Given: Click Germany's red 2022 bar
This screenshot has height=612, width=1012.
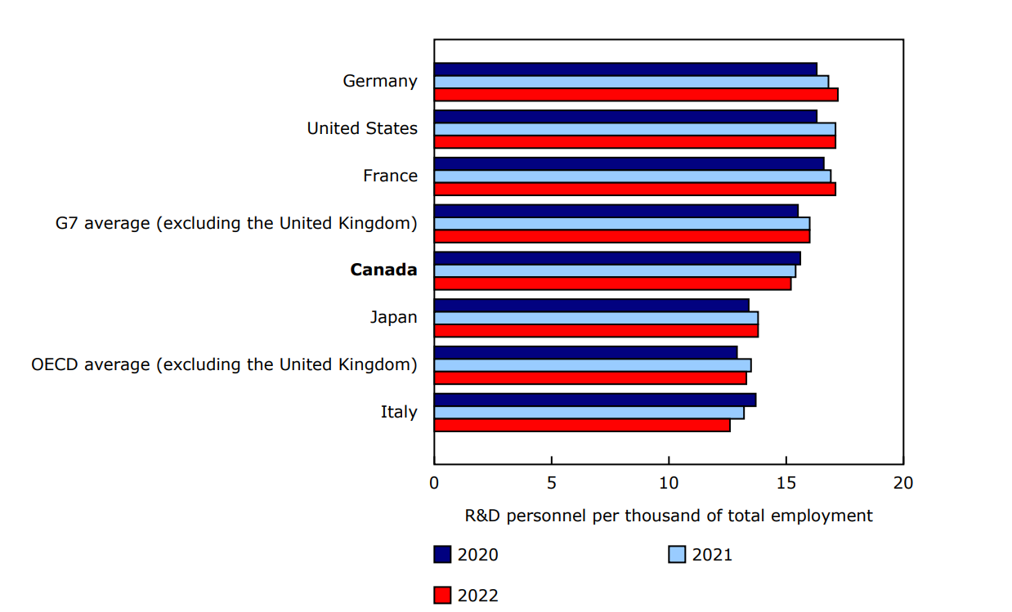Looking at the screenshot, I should click(636, 95).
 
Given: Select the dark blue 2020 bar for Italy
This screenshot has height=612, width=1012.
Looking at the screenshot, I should click(595, 400).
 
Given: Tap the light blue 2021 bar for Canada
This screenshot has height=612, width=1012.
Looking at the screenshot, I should click(615, 270).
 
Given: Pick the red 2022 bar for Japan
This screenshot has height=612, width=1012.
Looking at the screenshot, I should click(596, 331).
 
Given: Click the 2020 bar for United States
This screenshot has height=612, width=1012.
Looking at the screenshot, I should click(625, 116).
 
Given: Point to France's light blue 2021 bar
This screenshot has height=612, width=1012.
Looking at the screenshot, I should click(632, 176).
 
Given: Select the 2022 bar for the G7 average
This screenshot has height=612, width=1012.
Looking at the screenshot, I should click(621, 236).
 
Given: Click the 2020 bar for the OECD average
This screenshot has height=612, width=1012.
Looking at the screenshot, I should click(585, 352).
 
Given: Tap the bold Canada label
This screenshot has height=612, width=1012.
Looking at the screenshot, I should click(383, 270).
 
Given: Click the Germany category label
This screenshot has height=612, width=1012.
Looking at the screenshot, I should click(379, 81).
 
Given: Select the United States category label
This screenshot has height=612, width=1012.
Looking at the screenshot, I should click(362, 128).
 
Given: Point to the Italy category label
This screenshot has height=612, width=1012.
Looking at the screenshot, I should click(398, 412).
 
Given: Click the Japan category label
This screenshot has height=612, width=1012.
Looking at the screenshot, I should click(393, 317).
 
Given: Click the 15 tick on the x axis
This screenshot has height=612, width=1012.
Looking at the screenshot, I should click(786, 482).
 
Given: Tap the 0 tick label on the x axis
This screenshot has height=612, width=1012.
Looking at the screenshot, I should click(434, 482).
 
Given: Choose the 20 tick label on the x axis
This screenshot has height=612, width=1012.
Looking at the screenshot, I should click(902, 482).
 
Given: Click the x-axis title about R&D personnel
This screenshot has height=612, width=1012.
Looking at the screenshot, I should click(668, 516).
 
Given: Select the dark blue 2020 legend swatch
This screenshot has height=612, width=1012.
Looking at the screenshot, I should click(442, 555).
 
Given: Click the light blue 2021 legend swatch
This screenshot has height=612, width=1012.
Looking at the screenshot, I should click(677, 555).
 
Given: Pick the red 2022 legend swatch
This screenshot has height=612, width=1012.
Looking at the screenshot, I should click(442, 596).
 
